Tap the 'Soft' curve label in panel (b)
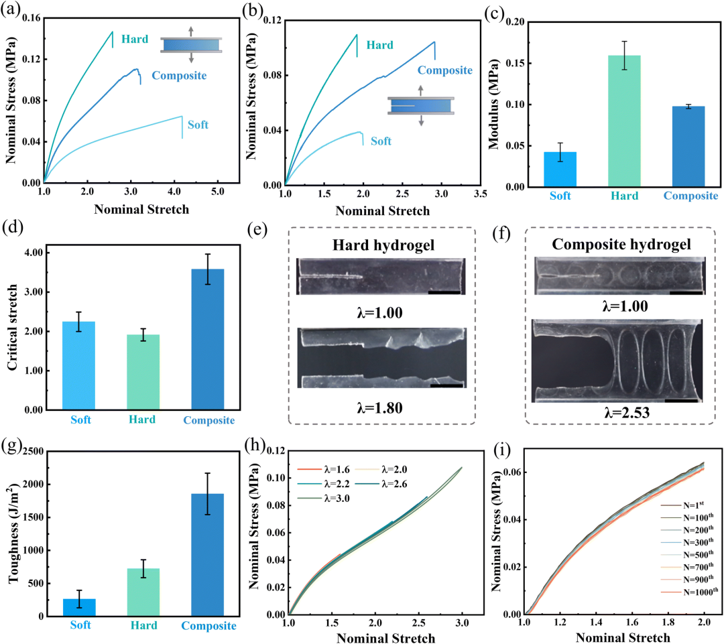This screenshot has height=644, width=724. [x=381, y=141]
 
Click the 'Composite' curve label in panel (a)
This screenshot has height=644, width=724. [x=178, y=75]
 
